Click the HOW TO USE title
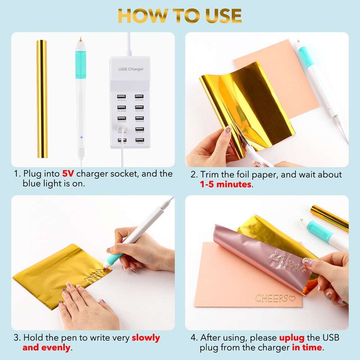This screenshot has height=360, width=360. click(180, 15)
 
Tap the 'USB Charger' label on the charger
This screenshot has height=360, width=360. click(131, 69)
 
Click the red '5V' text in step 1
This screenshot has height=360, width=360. click(69, 174)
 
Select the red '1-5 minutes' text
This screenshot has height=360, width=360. click(225, 184)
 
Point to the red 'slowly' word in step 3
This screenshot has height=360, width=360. click(145, 337)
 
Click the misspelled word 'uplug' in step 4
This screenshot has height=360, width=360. click(291, 337)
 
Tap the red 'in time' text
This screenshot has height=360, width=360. click(307, 348)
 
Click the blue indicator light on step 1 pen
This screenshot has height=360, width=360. click(81, 138)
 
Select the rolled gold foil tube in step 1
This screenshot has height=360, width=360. click(42, 99)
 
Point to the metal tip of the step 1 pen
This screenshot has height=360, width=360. click(80, 39)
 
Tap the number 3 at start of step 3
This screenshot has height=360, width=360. click(16, 337)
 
